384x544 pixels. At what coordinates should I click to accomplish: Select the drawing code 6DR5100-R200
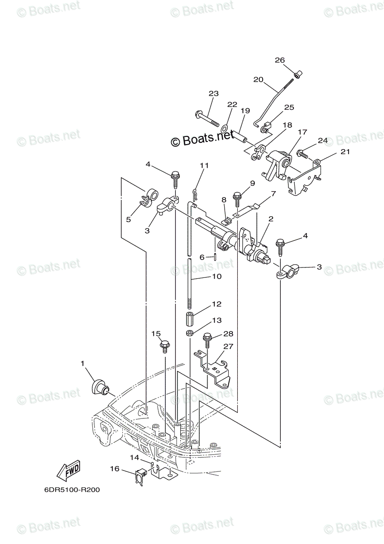tap(72, 490)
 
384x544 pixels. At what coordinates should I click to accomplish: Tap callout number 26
tap(280, 60)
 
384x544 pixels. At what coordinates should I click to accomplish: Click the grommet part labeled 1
tap(99, 386)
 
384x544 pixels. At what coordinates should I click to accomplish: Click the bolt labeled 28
tap(208, 340)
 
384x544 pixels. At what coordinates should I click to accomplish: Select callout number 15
tap(156, 334)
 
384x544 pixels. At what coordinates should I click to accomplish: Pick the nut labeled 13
tap(190, 334)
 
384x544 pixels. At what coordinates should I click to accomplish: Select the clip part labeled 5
tap(148, 198)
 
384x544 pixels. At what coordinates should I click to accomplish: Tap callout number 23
tap(213, 94)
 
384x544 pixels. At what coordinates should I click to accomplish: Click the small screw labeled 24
tap(303, 155)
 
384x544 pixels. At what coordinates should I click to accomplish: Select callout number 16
tap(115, 468)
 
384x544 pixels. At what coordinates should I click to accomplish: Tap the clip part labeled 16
tap(140, 476)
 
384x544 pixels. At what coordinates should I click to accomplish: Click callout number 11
tap(204, 165)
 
